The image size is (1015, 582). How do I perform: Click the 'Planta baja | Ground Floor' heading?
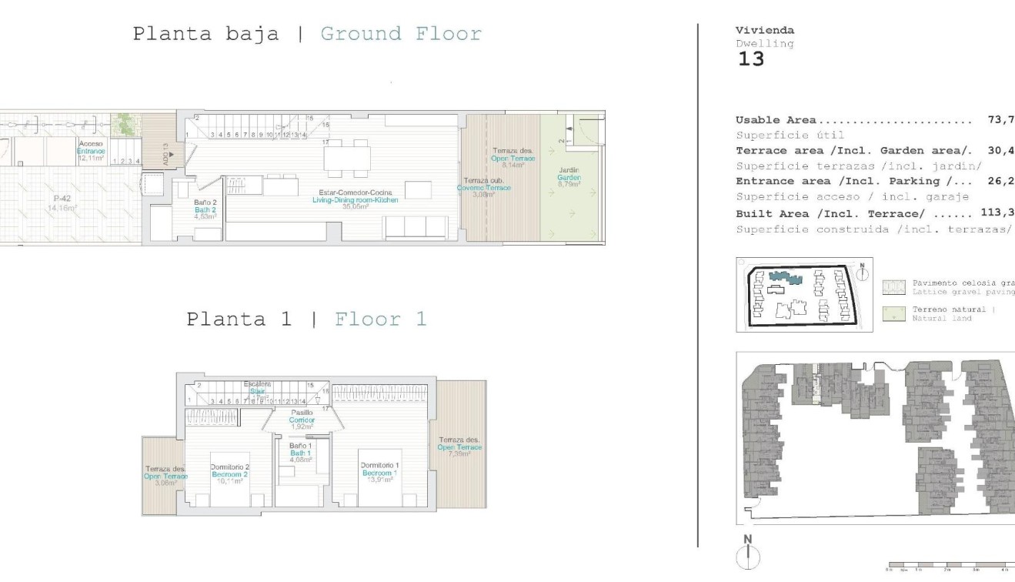[307, 34]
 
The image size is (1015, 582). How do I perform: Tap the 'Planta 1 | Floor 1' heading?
[306, 319]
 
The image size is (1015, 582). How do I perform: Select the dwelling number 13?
[751, 59]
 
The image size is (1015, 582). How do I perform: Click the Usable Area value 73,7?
[1000, 120]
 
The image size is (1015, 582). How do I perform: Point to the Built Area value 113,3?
[997, 213]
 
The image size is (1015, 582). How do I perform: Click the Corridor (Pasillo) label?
[302, 420]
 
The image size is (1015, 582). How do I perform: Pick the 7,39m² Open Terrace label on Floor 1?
[459, 447]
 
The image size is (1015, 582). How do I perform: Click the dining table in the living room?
[348, 158]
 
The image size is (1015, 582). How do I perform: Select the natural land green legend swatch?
[893, 313]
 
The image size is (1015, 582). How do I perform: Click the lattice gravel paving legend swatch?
[893, 287]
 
